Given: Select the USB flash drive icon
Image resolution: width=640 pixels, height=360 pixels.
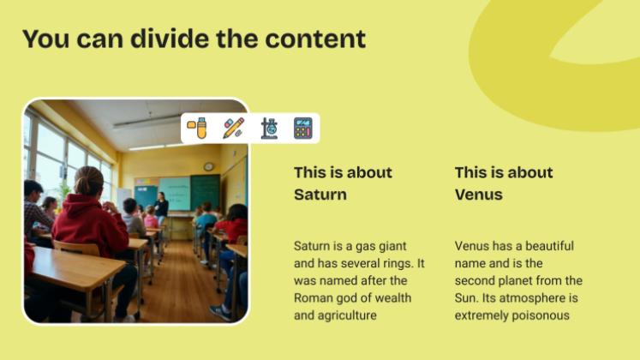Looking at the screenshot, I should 198,129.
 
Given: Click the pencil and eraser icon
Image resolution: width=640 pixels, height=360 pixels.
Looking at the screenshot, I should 233,129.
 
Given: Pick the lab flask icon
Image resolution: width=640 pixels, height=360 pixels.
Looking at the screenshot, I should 268,129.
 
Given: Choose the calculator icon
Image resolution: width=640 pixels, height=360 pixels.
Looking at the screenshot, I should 302,129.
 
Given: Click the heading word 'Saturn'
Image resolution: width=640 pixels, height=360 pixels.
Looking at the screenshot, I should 320,195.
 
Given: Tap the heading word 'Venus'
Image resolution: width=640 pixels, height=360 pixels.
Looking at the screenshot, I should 478,195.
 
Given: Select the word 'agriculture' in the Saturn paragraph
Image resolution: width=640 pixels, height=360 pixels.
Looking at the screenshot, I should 349,315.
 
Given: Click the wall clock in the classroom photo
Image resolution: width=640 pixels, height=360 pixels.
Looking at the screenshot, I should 208,166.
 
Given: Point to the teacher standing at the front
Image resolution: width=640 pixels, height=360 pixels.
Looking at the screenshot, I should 161,207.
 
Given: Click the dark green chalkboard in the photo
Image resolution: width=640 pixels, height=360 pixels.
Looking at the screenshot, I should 205,190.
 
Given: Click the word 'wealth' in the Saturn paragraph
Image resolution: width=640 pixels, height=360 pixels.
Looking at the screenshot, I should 394,298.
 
